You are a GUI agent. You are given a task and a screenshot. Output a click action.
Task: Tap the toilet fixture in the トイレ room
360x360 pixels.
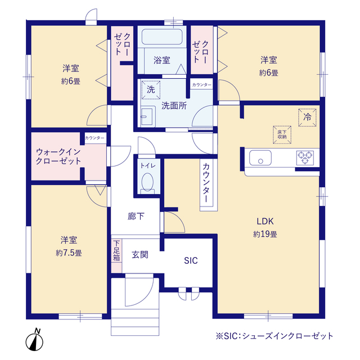pyautogui.click(x=148, y=181)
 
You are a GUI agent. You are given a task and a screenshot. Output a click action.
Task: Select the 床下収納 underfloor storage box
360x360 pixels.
pyautogui.click(x=282, y=133)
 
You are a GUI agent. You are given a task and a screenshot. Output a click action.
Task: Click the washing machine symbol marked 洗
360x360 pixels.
pyautogui.click(x=150, y=89)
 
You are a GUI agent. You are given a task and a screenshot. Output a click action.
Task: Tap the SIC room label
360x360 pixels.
pyautogui.click(x=191, y=261)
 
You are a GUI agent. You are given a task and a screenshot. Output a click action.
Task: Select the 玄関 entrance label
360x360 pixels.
pyautogui.click(x=140, y=254)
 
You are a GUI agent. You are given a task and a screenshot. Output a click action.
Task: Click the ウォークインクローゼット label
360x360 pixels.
pyautogui.click(x=58, y=156)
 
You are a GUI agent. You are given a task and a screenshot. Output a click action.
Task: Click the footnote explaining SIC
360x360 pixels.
pyautogui.click(x=274, y=336)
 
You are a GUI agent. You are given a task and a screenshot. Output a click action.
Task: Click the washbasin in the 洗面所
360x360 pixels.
pyautogui.click(x=147, y=116)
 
